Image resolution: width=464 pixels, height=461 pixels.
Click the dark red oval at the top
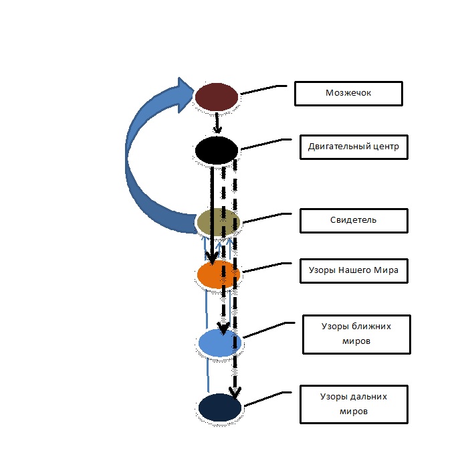point(216,96)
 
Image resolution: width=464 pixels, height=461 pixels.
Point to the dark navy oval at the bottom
point(220,408)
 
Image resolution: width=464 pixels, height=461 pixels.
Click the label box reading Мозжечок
point(348,94)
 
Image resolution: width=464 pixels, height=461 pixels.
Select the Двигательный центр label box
point(354,147)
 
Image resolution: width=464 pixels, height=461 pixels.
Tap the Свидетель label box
point(353,219)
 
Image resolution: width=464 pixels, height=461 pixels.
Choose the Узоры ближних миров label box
point(356,334)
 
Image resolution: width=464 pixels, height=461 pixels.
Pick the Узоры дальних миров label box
point(353,403)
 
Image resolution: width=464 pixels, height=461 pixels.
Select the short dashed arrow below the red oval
point(217,122)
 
